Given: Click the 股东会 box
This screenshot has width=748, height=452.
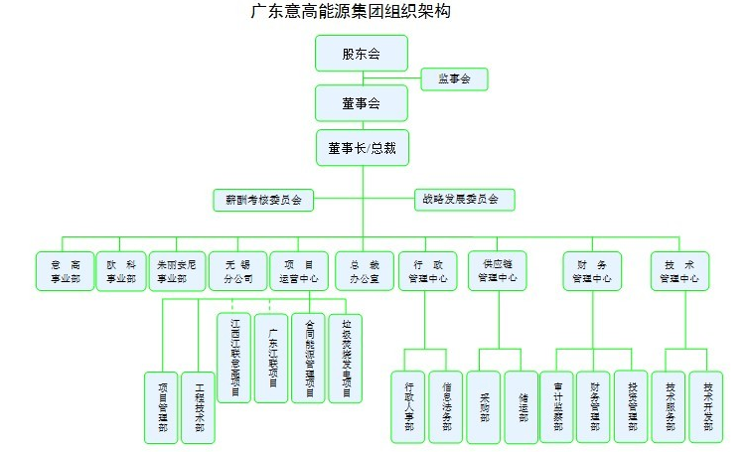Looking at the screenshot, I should [362, 54].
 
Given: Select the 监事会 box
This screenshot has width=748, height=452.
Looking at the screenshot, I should [454, 78].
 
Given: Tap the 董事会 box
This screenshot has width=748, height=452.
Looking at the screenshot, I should [362, 103].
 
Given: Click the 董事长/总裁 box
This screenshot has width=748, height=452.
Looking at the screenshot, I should [362, 148].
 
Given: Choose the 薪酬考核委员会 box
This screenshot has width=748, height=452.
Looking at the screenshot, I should [263, 200].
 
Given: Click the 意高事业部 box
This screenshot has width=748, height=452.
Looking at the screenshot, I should [65, 270].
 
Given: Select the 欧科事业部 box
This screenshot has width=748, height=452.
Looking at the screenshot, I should [121, 270].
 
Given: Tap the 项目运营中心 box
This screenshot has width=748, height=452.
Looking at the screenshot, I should [299, 270].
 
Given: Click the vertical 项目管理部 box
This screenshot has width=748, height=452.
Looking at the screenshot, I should [162, 407].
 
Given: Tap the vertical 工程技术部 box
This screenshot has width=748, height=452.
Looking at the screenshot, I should [199, 407].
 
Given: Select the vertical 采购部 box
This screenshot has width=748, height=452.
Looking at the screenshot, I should [484, 406].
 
